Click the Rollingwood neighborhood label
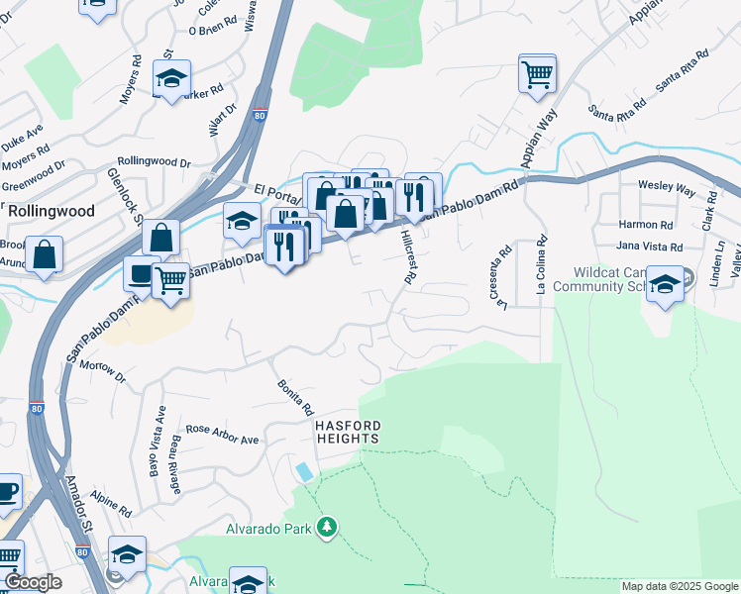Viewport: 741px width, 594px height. (52, 211)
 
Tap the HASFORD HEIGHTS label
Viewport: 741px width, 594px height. (347, 431)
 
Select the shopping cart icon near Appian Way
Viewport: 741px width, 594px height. (537, 72)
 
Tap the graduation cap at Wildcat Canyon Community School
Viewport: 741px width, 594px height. (665, 284)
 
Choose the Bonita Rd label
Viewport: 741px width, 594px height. (295, 396)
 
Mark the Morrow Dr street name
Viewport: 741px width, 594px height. (104, 371)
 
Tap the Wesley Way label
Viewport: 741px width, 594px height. (667, 185)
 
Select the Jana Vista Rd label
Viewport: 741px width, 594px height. (650, 247)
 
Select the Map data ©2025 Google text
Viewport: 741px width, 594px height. (679, 586)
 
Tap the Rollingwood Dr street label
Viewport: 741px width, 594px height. (154, 161)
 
